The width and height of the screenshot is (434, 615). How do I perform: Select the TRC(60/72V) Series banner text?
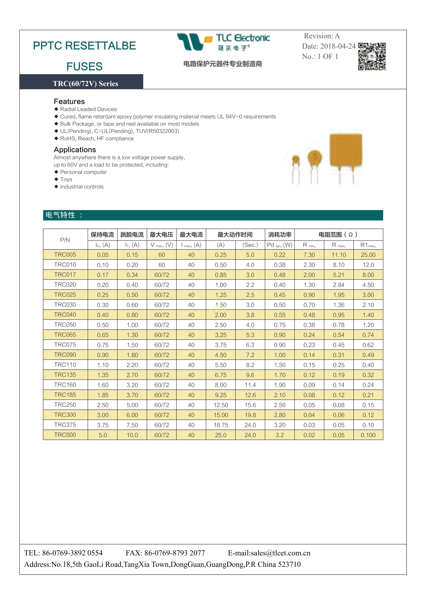pos(85,84)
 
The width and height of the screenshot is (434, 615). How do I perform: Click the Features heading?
pos(69,101)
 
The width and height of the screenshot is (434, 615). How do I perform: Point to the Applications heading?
pos(75,150)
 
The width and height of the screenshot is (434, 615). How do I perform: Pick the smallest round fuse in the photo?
pos(296,160)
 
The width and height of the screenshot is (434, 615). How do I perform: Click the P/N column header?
pos(65,240)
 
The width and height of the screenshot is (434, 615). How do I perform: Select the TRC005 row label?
pos(65,255)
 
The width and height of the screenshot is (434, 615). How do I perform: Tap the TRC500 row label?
pos(65,435)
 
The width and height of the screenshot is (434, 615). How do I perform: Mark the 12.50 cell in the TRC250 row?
pos(221,405)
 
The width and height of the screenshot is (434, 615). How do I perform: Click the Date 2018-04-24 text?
pos(329,46)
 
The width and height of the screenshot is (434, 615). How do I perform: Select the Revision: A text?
pos(322,36)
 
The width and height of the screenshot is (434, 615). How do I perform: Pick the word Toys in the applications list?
pos(66,179)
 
